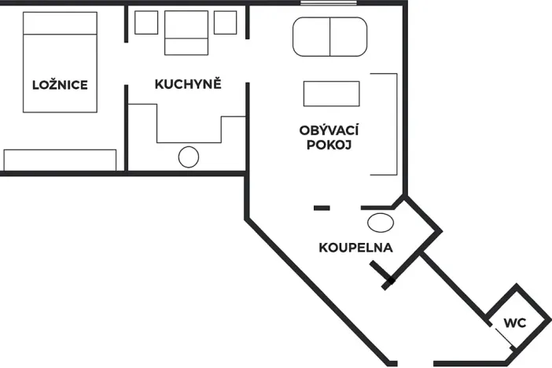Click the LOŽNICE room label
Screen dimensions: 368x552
click(x=59, y=85)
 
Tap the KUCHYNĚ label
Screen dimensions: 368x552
click(x=188, y=84)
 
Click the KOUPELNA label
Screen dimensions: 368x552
click(x=355, y=248)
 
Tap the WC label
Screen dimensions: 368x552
click(x=514, y=323)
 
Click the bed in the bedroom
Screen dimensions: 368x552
click(x=60, y=67)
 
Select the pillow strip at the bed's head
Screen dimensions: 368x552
click(x=60, y=24)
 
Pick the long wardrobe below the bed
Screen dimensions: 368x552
click(x=60, y=160)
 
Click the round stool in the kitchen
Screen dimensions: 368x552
click(x=189, y=156)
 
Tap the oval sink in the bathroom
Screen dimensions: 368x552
click(x=381, y=222)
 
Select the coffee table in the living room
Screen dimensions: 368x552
click(x=331, y=94)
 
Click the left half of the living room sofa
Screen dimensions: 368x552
click(x=311, y=36)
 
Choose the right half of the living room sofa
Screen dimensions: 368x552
click(x=348, y=36)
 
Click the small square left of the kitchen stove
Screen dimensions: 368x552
click(x=146, y=23)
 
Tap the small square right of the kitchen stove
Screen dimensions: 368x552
click(x=225, y=23)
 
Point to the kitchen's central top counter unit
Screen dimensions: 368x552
click(x=186, y=32)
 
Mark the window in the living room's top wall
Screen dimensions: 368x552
click(x=322, y=3)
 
